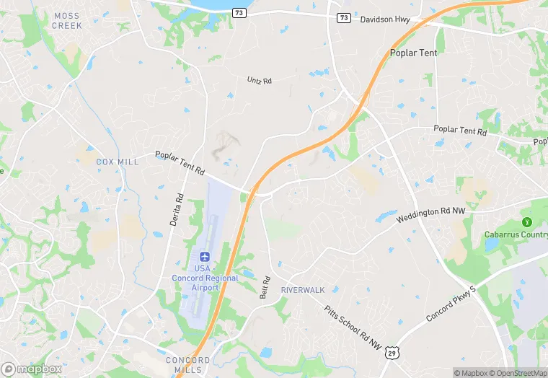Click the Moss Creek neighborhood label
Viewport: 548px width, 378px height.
point(66,20)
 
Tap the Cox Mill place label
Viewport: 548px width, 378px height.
point(117,162)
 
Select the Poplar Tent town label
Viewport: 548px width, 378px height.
point(413,53)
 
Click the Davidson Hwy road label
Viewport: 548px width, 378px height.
point(384,19)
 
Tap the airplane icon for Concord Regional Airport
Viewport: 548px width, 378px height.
point(203,258)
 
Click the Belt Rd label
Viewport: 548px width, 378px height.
point(265,286)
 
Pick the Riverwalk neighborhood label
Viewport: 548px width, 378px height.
point(303,290)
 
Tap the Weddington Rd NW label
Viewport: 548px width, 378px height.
point(431,214)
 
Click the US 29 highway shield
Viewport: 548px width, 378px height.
point(391,352)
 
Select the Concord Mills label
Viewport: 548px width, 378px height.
point(188,365)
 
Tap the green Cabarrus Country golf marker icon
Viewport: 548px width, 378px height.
point(527,221)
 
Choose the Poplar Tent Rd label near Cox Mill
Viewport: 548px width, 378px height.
point(180,164)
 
